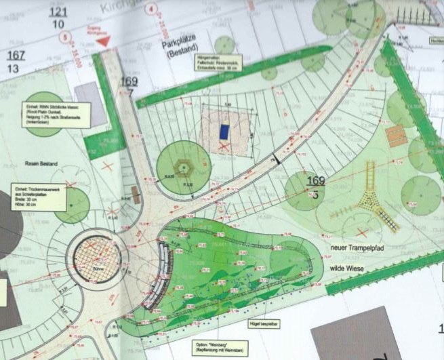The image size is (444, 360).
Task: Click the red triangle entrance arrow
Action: [104, 41]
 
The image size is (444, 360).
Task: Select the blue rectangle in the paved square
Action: [224, 131]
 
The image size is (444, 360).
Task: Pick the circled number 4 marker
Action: [151, 10]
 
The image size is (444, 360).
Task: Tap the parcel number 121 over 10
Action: [59, 18]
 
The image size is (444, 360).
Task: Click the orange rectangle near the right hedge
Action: [396, 135]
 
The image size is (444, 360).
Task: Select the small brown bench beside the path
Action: [137, 195]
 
